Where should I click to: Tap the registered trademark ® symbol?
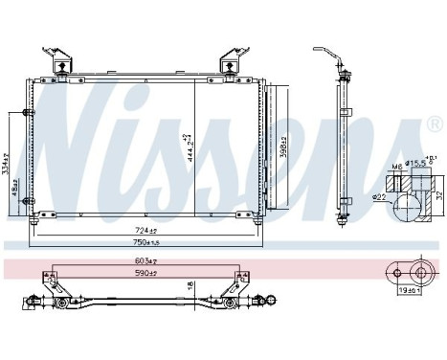(x=434, y=125)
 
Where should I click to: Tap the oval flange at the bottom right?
(x=407, y=272)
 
